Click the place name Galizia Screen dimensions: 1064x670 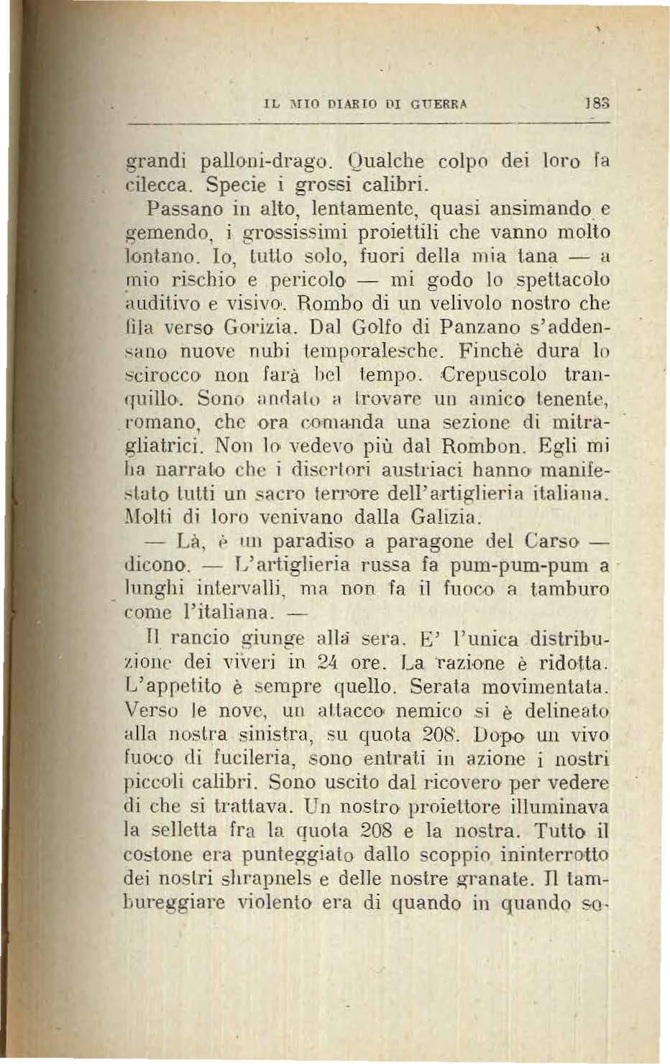click(x=443, y=517)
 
